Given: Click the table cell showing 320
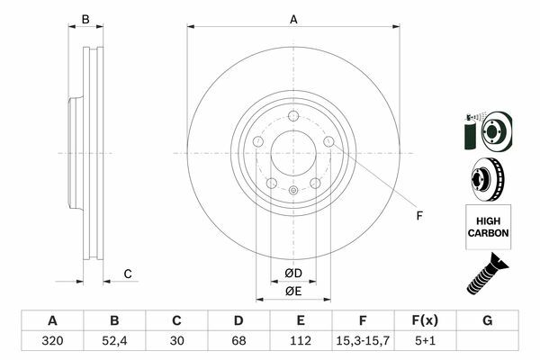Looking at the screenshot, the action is click(x=52, y=341).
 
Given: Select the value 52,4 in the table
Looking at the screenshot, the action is click(x=114, y=341).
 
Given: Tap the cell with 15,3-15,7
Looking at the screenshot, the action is click(x=363, y=341).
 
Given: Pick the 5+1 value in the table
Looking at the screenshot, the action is click(x=425, y=341).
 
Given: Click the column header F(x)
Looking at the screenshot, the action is click(x=425, y=320).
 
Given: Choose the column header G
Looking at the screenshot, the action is click(x=487, y=320).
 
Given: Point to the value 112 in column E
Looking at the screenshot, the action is click(x=301, y=341).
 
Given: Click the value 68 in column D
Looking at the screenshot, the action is click(x=238, y=341).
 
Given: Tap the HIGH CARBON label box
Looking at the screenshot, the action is click(x=488, y=227).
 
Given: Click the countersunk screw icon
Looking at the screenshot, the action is click(x=487, y=274).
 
